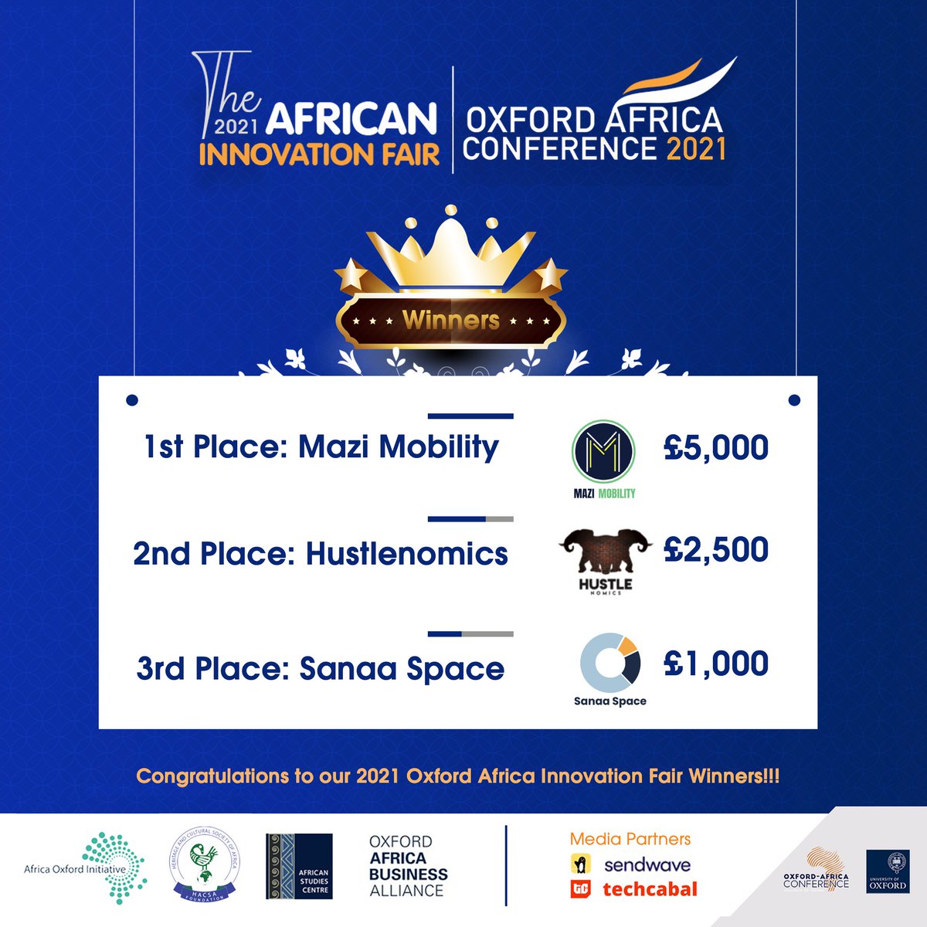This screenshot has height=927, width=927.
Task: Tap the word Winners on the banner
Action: click(x=451, y=320)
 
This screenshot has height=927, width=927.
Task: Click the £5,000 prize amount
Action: click(x=716, y=448)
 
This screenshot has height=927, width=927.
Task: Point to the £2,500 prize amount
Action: click(x=716, y=550)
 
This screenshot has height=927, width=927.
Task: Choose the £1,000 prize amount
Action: click(x=716, y=664)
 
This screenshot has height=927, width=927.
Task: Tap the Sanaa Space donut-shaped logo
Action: click(x=610, y=664)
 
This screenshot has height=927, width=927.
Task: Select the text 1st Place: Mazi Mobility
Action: click(x=321, y=447)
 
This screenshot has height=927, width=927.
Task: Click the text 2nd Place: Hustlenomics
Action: click(x=321, y=554)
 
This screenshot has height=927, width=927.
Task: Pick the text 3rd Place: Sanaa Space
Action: click(x=321, y=668)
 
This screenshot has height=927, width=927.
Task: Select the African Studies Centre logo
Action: click(x=299, y=867)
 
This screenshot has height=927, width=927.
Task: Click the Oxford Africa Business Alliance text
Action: click(x=408, y=866)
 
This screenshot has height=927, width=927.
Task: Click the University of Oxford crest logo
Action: click(x=888, y=871)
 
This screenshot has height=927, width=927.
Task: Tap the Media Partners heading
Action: click(x=630, y=839)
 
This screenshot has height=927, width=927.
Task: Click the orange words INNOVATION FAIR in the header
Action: click(x=319, y=154)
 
